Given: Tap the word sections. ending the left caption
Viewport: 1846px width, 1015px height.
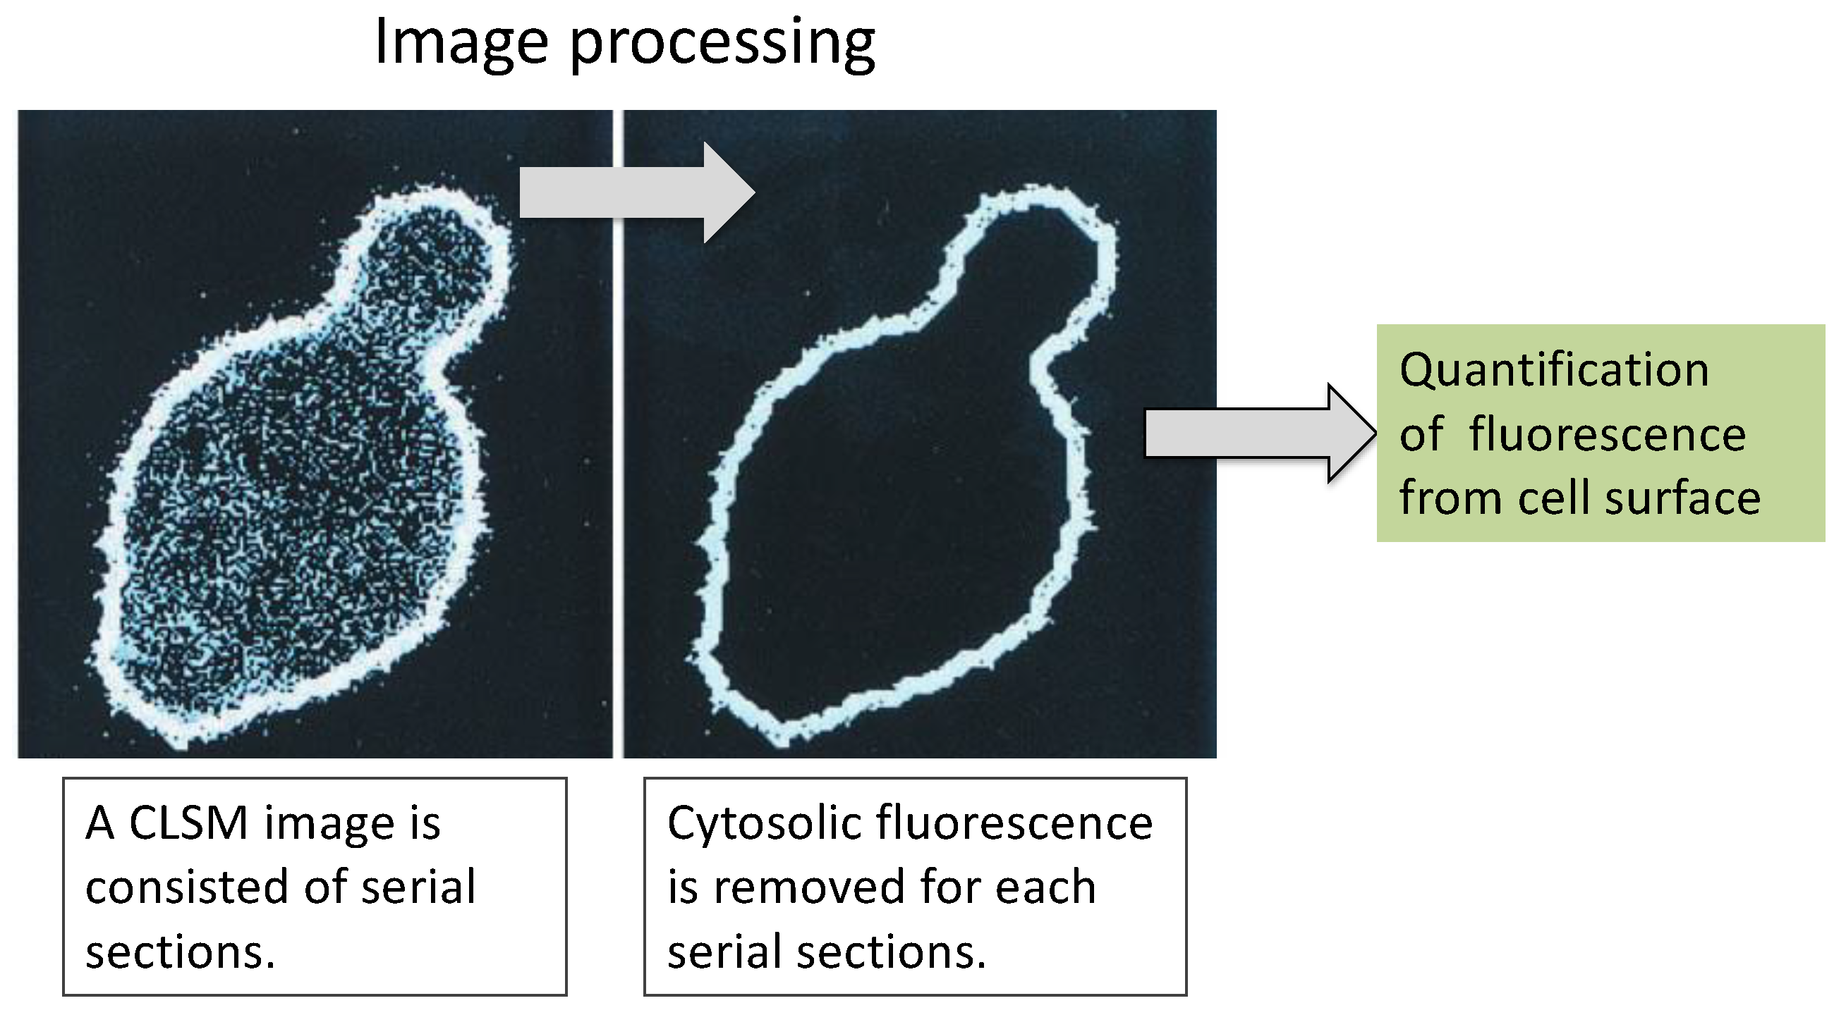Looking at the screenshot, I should pyautogui.click(x=180, y=952).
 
